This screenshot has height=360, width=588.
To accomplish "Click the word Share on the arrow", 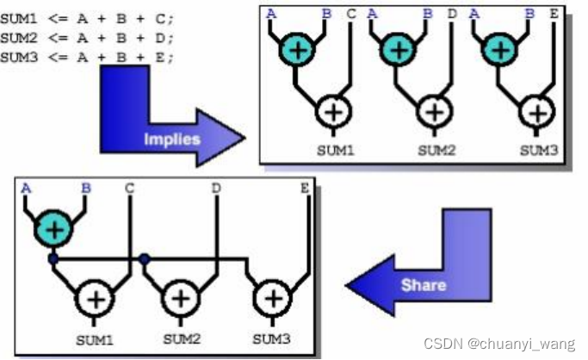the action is point(423,285).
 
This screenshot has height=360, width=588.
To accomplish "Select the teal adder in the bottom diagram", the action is point(54,229).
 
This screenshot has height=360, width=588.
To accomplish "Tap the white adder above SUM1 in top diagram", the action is point(331,110).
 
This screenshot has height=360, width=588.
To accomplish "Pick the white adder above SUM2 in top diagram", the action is point(435,110).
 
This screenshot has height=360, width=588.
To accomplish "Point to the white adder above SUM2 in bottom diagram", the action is point(180,299).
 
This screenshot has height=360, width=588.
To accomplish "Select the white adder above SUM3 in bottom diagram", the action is point(271,299).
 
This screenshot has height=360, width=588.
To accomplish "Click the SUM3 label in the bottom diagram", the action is point(271,338).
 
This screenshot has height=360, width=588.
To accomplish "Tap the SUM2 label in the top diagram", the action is point(434,150).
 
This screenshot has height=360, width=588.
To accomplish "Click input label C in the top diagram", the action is point(350,13).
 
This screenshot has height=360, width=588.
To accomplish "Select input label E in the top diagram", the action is point(554,13).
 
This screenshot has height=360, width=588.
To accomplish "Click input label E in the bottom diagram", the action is point(304,187).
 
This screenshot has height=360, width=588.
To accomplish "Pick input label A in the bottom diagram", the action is point(26,188).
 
